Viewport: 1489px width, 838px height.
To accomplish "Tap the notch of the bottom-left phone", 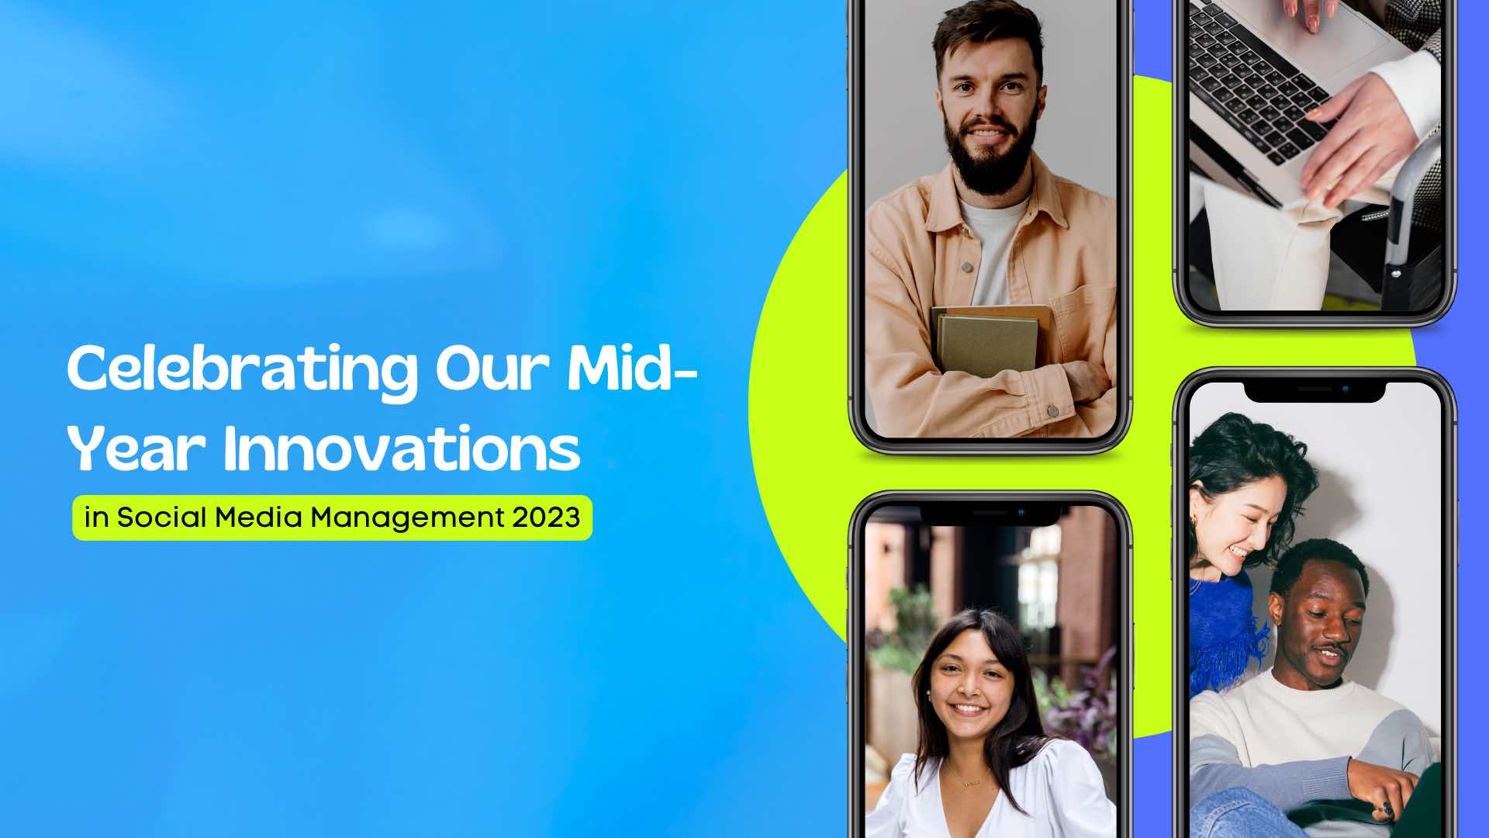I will pyautogui.click(x=990, y=514).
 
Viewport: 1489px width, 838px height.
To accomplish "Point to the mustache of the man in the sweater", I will pyautogui.click(x=1328, y=649).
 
